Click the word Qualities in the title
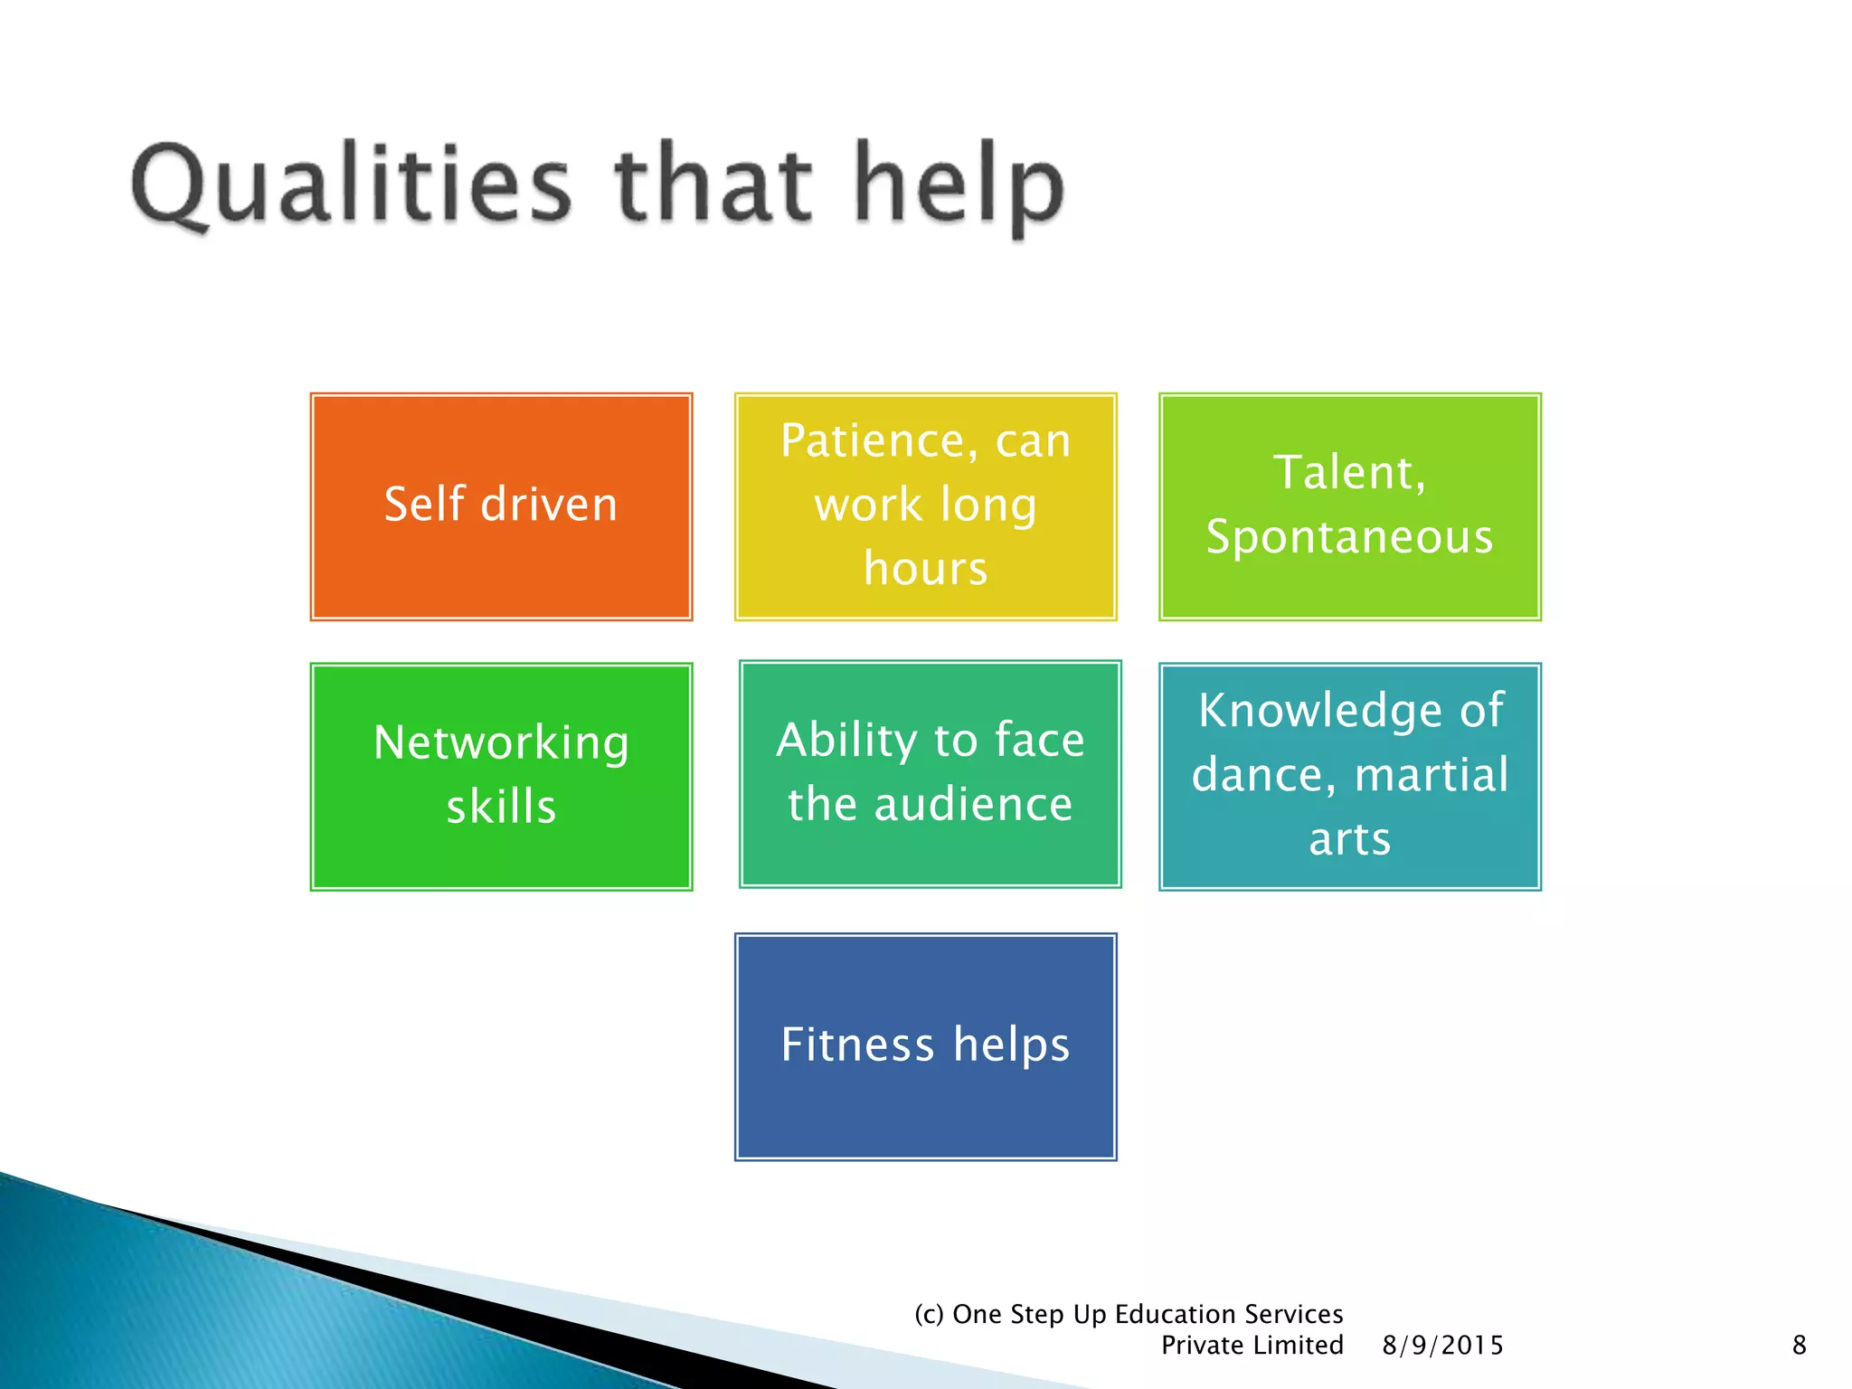351,185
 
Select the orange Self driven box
501,506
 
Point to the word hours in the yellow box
925,569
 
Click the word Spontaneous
1349,537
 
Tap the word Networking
501,743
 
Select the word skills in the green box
501,807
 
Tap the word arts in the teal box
1349,839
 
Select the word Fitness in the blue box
856,1045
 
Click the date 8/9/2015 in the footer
1442,1346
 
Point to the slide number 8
1799,1346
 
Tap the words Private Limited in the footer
1252,1346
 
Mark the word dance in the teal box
1262,775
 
